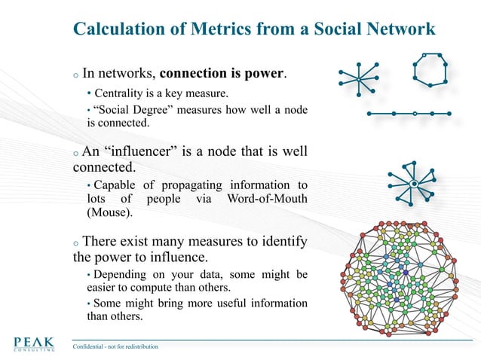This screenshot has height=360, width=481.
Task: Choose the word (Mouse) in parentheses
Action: tap(109, 212)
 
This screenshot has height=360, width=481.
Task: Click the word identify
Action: tap(278, 242)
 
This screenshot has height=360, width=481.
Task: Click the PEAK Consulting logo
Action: tap(33, 344)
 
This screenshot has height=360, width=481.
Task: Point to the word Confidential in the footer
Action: tap(90, 347)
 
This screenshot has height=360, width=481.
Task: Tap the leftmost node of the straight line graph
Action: tap(369, 114)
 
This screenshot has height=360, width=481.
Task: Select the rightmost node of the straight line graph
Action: tap(450, 114)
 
